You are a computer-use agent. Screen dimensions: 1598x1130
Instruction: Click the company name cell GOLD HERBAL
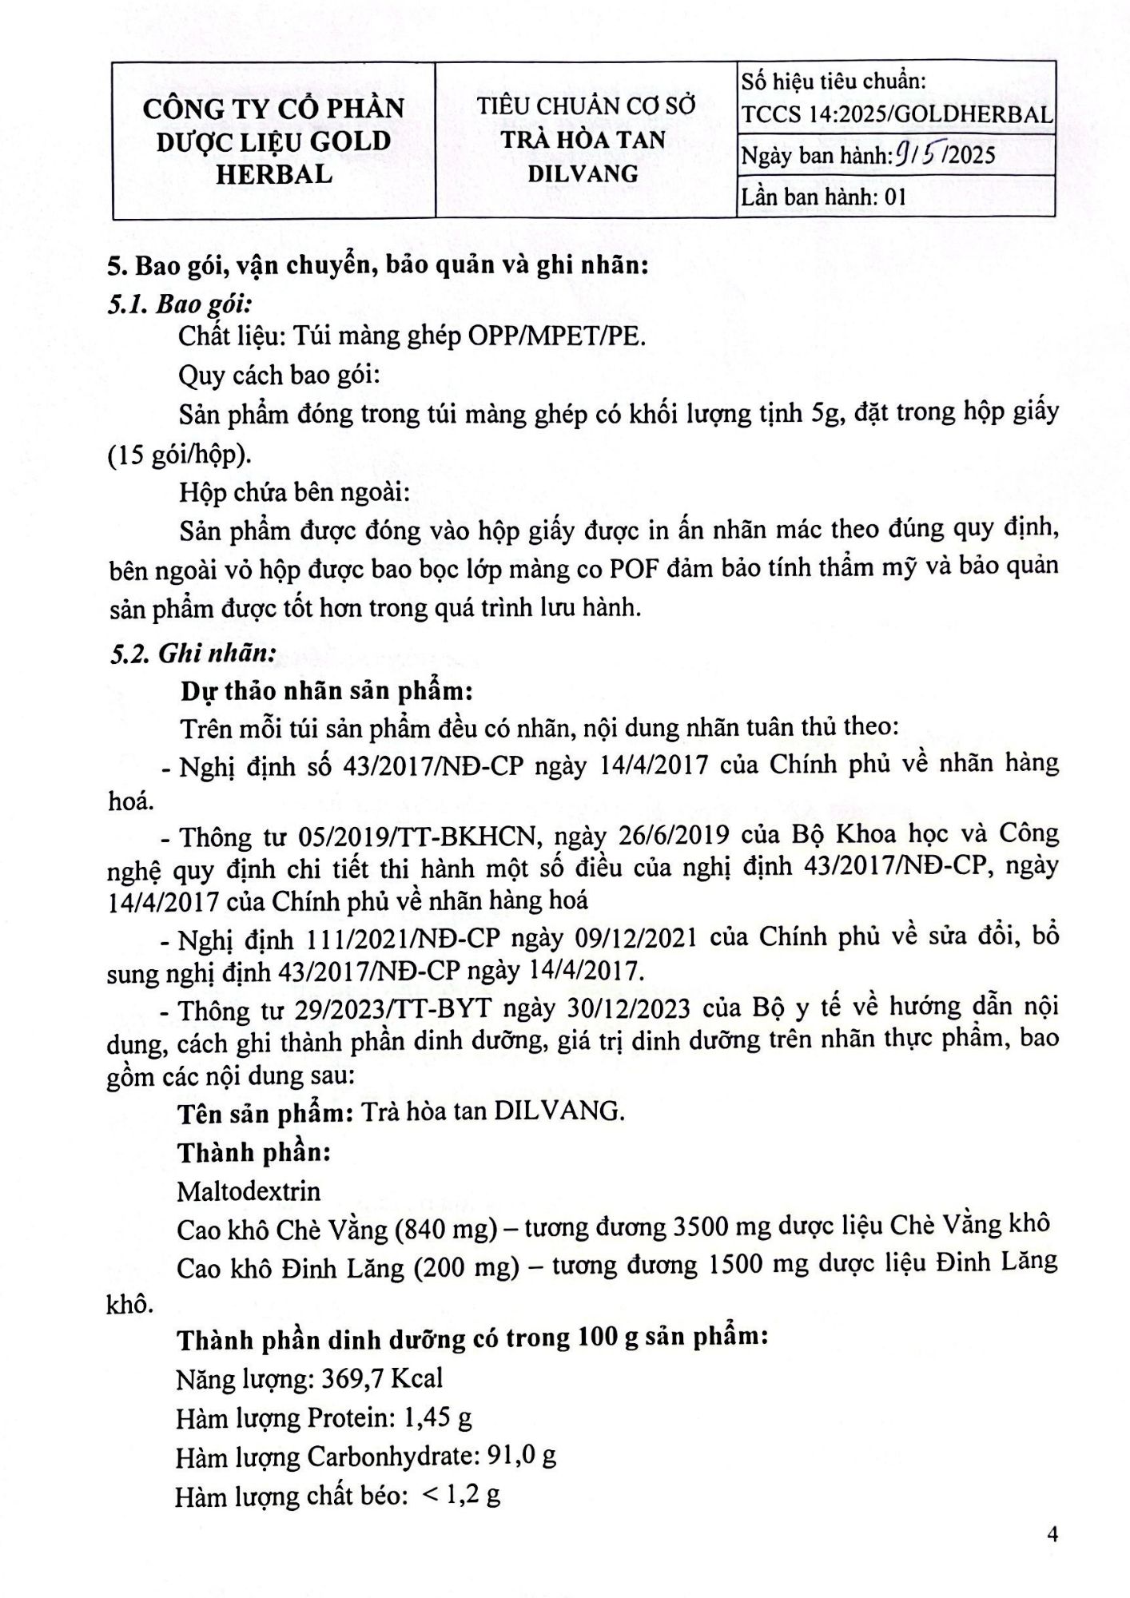point(273,141)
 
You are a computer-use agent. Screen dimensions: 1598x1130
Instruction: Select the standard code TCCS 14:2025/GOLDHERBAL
point(896,114)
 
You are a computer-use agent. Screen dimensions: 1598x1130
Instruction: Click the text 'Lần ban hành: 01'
point(824,197)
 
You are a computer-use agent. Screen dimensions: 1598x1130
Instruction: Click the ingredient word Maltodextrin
point(249,1191)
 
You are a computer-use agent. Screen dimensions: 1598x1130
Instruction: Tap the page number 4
point(1052,1535)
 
